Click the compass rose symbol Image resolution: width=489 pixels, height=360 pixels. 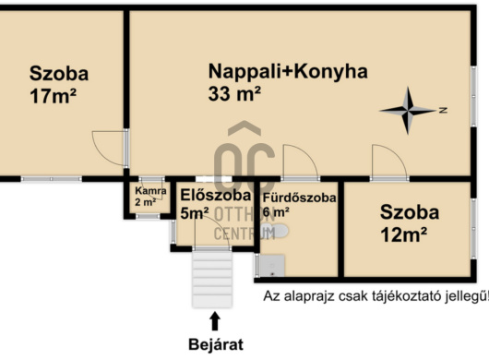pyautogui.click(x=409, y=110)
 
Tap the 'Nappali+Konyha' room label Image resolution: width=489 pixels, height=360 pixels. pyautogui.click(x=287, y=71)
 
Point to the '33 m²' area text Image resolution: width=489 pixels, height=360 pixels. pyautogui.click(x=235, y=93)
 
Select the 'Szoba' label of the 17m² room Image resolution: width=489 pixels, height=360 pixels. pyautogui.click(x=58, y=74)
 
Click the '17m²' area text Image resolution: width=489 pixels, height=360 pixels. pyautogui.click(x=53, y=96)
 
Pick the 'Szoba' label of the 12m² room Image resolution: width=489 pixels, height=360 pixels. pyautogui.click(x=409, y=211)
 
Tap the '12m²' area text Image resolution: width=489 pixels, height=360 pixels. pyautogui.click(x=403, y=234)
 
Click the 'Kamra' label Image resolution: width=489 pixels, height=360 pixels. pyautogui.click(x=150, y=191)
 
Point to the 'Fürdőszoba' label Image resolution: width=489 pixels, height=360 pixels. pyautogui.click(x=300, y=197)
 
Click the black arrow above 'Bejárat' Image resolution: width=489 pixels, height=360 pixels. pyautogui.click(x=216, y=320)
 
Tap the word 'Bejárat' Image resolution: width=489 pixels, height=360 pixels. pyautogui.click(x=215, y=345)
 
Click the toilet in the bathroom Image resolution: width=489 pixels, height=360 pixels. pyautogui.click(x=282, y=232)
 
